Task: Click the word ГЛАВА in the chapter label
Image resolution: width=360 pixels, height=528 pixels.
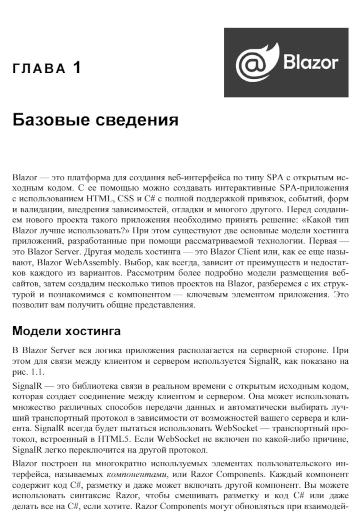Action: pyautogui.click(x=39, y=69)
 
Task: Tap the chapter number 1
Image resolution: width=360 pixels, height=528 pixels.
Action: pyautogui.click(x=77, y=68)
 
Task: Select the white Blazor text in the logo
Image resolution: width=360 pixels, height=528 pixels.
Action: pyautogui.click(x=310, y=62)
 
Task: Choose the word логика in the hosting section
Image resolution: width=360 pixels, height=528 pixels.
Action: pyautogui.click(x=118, y=350)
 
